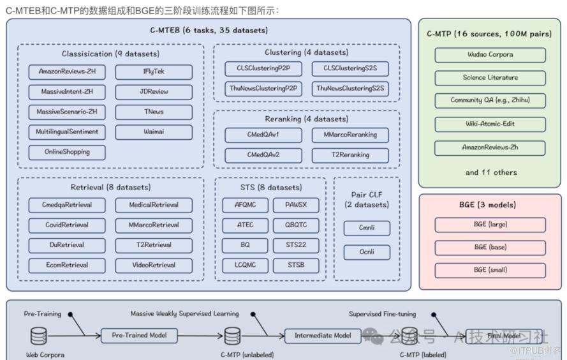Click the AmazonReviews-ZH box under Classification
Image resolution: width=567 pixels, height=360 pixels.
click(x=67, y=71)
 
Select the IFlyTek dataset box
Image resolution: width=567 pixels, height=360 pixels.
click(x=153, y=71)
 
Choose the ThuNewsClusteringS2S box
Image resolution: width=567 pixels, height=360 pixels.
click(x=350, y=89)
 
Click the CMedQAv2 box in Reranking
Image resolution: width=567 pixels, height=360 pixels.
click(x=263, y=154)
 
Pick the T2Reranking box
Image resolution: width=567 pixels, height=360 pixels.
click(x=350, y=154)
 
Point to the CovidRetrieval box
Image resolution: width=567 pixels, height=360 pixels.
click(x=67, y=225)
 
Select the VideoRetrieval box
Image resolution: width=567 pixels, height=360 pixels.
click(x=153, y=265)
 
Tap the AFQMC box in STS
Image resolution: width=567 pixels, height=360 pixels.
click(x=245, y=205)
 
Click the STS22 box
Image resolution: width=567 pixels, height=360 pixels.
click(x=296, y=245)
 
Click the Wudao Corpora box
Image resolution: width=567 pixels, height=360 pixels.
click(x=490, y=55)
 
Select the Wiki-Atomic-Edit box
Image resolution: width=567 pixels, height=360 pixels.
click(x=490, y=124)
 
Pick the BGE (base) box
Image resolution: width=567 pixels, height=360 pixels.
click(x=490, y=247)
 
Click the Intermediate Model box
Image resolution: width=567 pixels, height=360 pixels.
click(x=322, y=335)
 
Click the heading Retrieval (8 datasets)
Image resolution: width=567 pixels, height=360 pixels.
click(x=110, y=187)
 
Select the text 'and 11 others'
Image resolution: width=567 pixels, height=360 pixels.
click(x=490, y=172)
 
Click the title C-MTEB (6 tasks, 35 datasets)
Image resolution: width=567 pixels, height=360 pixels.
click(x=208, y=30)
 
